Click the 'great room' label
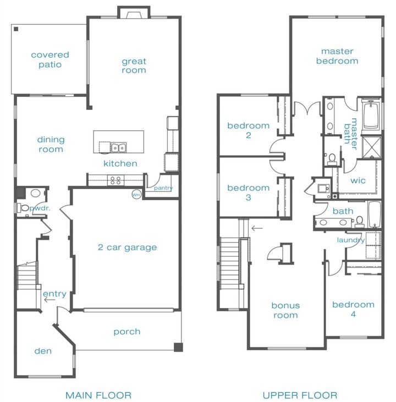click(x=134, y=65)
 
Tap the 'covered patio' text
click(x=50, y=60)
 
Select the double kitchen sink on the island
click(x=118, y=147)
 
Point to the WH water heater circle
click(x=136, y=194)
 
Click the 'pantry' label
click(x=163, y=188)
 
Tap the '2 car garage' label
click(x=128, y=247)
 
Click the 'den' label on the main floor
click(x=42, y=351)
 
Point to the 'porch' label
click(x=127, y=332)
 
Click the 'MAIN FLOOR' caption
click(x=98, y=395)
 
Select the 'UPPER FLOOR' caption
click(x=300, y=395)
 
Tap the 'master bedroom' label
click(x=337, y=56)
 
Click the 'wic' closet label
click(x=358, y=180)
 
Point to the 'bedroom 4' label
click(x=353, y=309)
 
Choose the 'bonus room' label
click(x=285, y=310)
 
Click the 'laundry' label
click(x=351, y=240)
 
